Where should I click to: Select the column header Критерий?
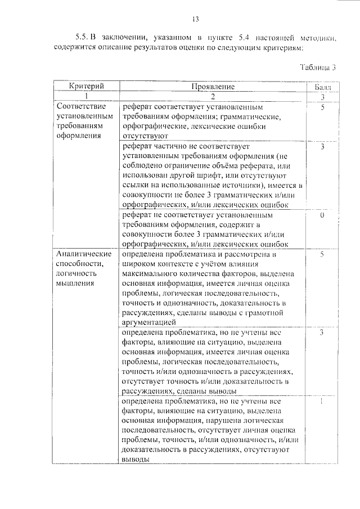86,87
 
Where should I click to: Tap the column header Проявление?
213,87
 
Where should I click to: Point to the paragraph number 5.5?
83,38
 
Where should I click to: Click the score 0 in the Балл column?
322,215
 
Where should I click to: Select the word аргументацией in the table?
149,322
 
